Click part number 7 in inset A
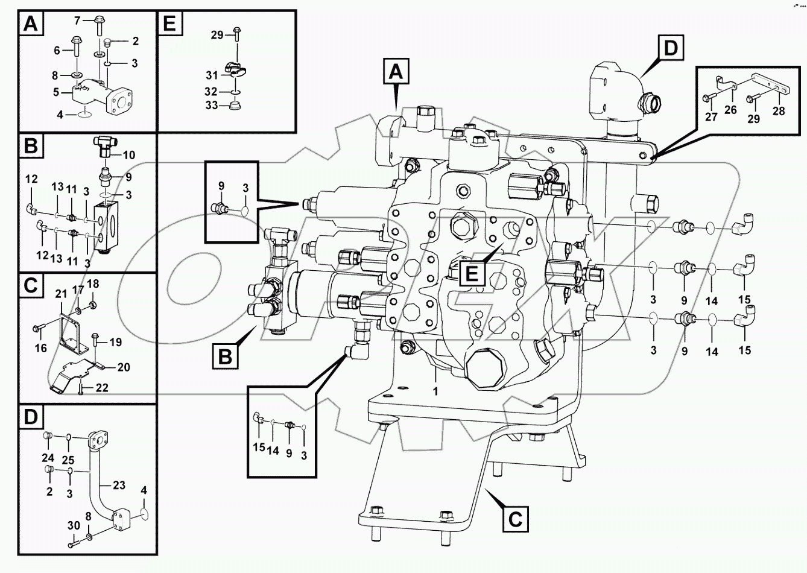click(x=77, y=21)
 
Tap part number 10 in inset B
click(x=128, y=155)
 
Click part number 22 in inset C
click(x=102, y=388)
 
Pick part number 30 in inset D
click(x=74, y=525)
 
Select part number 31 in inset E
click(x=210, y=75)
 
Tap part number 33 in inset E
click(x=210, y=106)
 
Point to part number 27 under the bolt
click(x=712, y=116)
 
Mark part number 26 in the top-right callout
click(x=731, y=109)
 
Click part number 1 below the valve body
click(x=435, y=391)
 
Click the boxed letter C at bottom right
click(x=515, y=518)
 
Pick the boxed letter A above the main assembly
click(x=395, y=72)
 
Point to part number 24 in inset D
click(x=48, y=458)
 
